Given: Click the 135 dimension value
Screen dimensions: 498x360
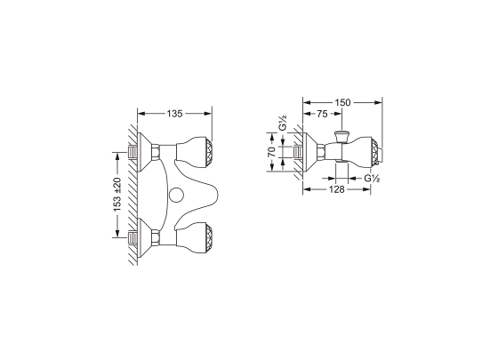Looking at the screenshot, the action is (174, 114).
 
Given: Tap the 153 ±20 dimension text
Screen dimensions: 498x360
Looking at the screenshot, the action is (117, 195).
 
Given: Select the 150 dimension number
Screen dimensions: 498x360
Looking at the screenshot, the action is (342, 102).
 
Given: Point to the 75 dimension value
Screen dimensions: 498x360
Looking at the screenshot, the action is (322, 114).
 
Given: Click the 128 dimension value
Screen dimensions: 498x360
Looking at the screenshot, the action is (337, 189).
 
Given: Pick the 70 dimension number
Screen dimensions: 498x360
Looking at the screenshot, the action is (272, 152).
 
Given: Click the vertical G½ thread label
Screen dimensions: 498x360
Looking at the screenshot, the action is (283, 123).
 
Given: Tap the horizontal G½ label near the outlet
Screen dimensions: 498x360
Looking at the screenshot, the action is (372, 178).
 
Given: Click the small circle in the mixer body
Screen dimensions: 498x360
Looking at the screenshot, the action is (175, 195).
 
